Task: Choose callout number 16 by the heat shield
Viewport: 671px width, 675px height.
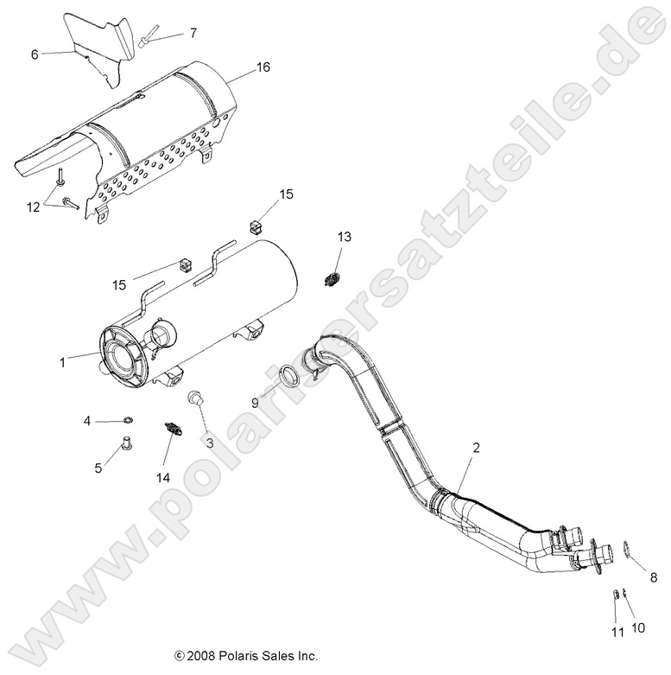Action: pyautogui.click(x=263, y=66)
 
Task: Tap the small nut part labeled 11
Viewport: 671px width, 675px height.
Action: pyautogui.click(x=615, y=595)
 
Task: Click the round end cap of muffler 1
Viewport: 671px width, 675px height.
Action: pyautogui.click(x=127, y=352)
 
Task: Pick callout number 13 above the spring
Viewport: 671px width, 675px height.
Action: pyautogui.click(x=344, y=237)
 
